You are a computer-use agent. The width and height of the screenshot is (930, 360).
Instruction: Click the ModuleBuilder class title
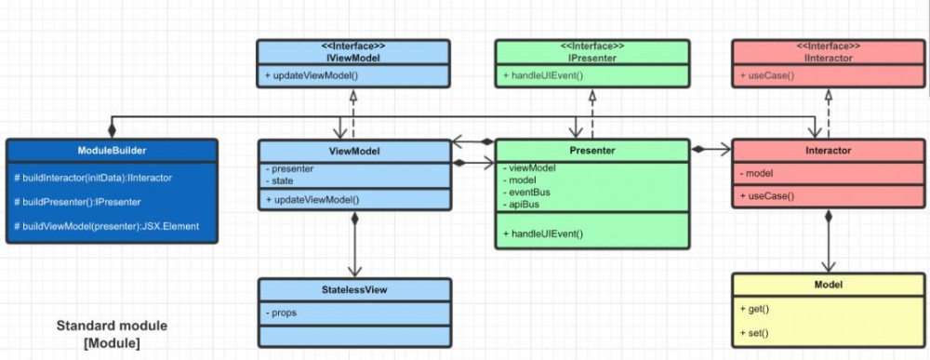(112, 150)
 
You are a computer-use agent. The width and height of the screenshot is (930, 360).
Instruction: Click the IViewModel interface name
(353, 57)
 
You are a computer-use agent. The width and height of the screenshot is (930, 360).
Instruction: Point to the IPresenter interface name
(592, 57)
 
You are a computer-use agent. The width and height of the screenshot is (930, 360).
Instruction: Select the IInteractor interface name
(829, 57)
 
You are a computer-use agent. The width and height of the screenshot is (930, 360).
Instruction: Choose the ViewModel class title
(353, 150)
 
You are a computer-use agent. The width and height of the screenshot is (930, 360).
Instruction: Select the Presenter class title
(592, 150)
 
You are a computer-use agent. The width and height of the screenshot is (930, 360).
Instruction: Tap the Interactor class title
(829, 150)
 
